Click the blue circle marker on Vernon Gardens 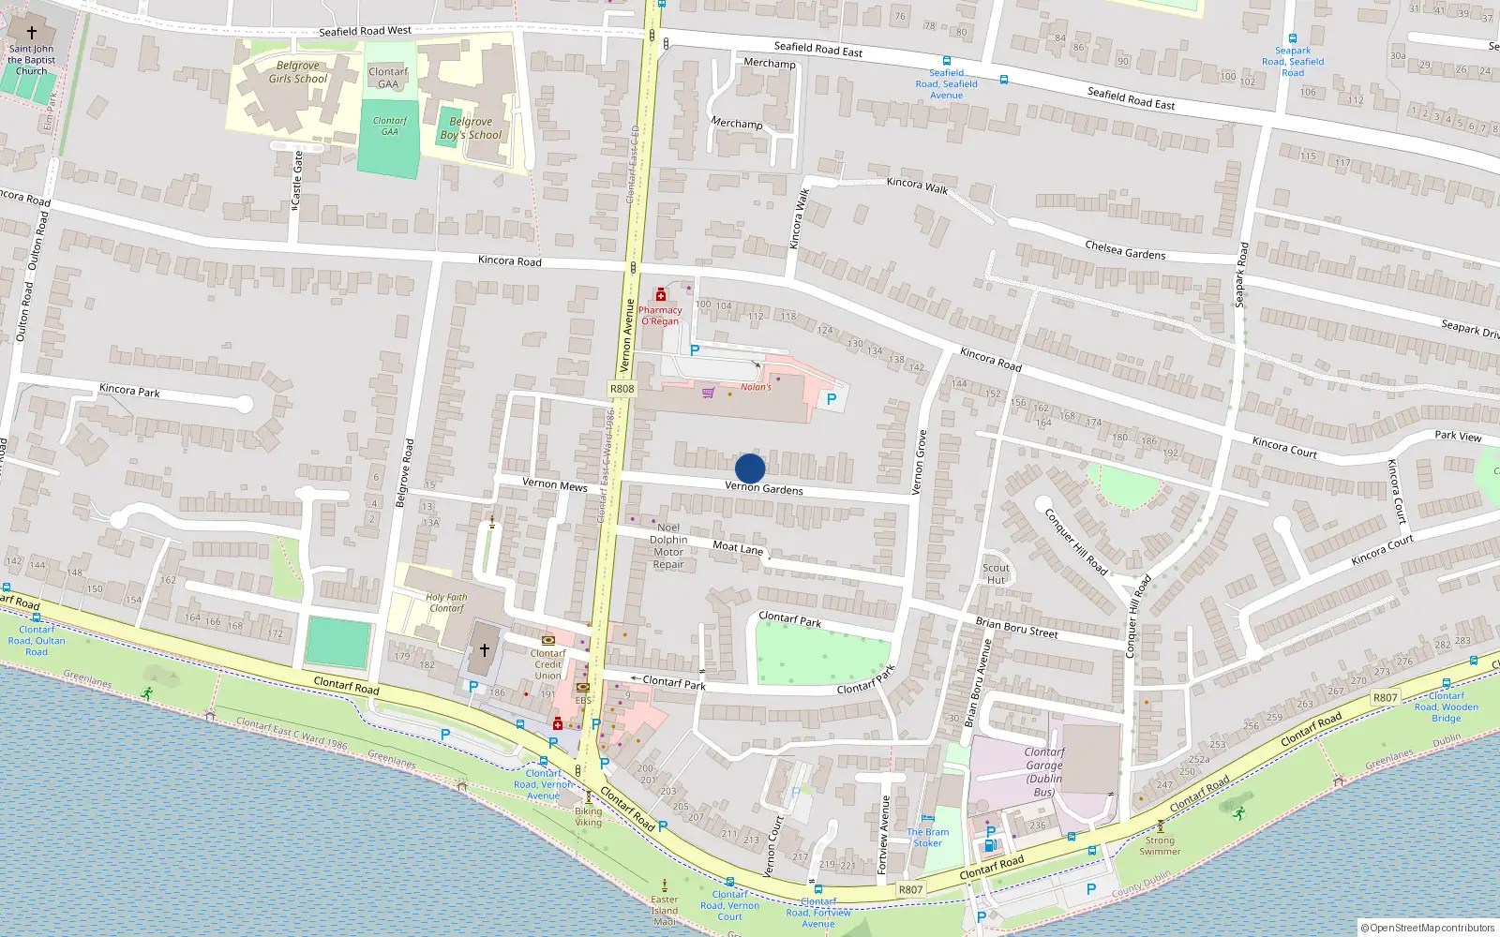[750, 468]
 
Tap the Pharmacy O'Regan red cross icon [661, 296]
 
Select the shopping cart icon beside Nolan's [709, 393]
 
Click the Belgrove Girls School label [298, 72]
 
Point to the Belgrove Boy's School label [471, 128]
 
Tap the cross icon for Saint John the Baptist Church [32, 32]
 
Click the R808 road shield [622, 389]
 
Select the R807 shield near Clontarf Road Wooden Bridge [1385, 697]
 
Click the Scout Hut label [996, 573]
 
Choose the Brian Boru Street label [1016, 628]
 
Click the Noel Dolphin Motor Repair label [668, 546]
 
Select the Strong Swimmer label [1160, 846]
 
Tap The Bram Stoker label [927, 838]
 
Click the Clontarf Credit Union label [548, 664]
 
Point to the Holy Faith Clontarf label [446, 602]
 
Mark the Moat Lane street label [738, 547]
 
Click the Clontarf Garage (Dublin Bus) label [1044, 771]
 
